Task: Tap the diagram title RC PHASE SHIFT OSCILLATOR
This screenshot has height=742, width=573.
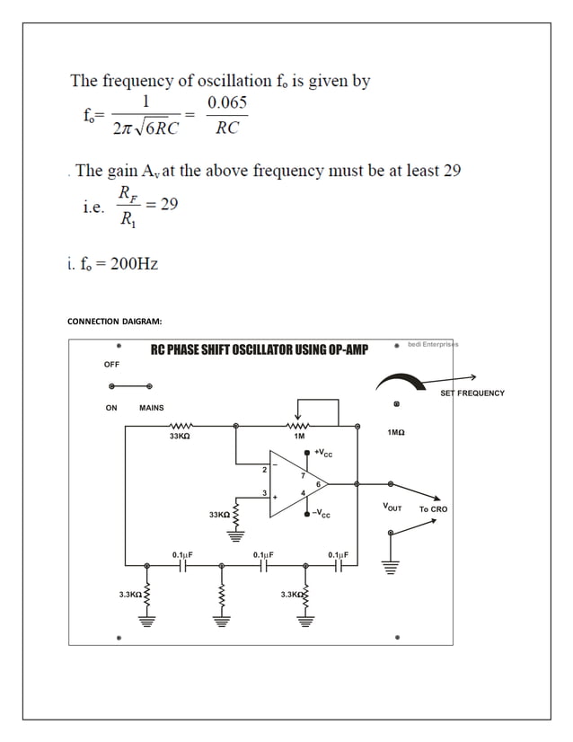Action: coord(259,349)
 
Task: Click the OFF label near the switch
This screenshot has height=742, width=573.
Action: coord(111,364)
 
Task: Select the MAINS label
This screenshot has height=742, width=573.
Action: coord(152,408)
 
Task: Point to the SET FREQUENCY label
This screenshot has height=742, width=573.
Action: coord(472,393)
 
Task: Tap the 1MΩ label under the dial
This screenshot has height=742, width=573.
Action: coord(395,433)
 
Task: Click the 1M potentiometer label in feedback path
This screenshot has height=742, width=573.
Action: coord(299,436)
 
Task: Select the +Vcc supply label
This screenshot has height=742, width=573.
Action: coord(322,453)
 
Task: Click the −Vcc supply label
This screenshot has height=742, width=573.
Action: coord(321,515)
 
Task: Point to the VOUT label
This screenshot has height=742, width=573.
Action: coord(392,508)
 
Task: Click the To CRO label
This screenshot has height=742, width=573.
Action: coord(433,509)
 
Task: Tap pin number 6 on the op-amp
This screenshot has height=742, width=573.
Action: coord(318,484)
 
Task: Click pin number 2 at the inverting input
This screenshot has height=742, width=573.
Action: coord(264,470)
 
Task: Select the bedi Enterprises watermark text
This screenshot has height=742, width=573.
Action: coord(433,344)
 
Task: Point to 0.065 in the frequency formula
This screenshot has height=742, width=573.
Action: coord(227,103)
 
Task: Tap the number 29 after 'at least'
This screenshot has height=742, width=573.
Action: coord(450,171)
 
